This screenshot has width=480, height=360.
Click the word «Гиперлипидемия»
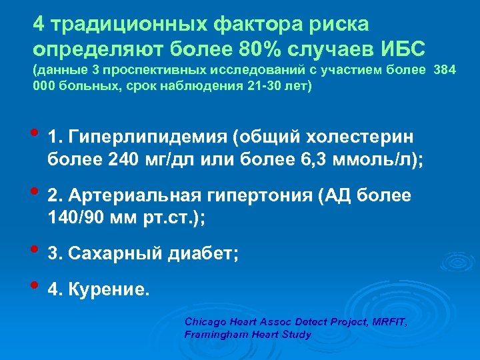coord(146,137)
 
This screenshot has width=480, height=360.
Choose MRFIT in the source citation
coord(390,323)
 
